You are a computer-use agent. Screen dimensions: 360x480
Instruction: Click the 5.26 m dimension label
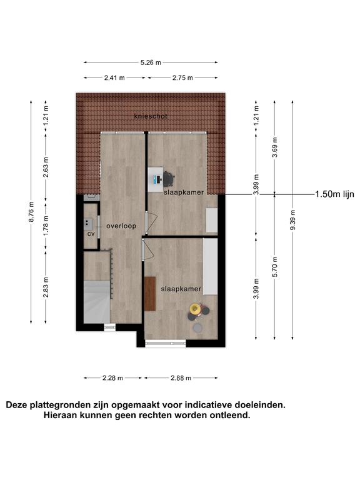pyautogui.click(x=151, y=62)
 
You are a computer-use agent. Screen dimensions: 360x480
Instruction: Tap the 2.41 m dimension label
pyautogui.click(x=114, y=77)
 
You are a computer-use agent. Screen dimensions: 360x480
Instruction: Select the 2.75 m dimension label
pyautogui.click(x=182, y=77)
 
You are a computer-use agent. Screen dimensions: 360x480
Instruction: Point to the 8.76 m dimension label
pyautogui.click(x=31, y=212)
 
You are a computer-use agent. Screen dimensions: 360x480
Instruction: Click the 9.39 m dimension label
pyautogui.click(x=293, y=220)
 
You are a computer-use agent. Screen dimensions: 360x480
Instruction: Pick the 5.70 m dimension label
pyautogui.click(x=275, y=267)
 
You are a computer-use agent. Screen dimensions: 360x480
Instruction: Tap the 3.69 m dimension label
pyautogui.click(x=275, y=147)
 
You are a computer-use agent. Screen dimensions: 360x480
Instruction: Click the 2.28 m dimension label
pyautogui.click(x=112, y=378)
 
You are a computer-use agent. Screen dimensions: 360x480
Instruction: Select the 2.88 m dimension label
pyautogui.click(x=181, y=378)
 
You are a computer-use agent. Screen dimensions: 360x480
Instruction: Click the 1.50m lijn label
pyautogui.click(x=334, y=194)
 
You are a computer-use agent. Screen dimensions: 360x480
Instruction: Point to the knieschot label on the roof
pyautogui.click(x=151, y=116)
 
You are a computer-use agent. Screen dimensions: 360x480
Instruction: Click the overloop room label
pyautogui.click(x=121, y=226)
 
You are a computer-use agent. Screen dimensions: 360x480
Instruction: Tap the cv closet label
pyautogui.click(x=91, y=234)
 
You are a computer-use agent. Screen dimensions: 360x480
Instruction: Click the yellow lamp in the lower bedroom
pyautogui.click(x=194, y=308)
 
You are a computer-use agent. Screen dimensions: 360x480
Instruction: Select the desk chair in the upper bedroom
pyautogui.click(x=169, y=179)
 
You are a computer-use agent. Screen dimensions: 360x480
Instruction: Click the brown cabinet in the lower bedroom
pyautogui.click(x=150, y=294)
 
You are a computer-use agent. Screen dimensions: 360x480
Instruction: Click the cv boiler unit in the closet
pyautogui.click(x=89, y=224)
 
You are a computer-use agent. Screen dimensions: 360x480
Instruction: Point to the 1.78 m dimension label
pyautogui.click(x=46, y=226)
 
